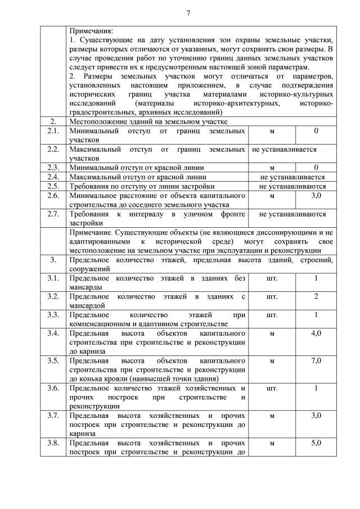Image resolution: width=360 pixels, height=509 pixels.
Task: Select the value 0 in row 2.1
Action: pos(316,131)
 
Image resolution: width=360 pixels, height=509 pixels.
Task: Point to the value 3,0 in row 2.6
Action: pos(316,195)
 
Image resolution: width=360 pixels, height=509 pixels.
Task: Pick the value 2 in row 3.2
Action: pos(316,296)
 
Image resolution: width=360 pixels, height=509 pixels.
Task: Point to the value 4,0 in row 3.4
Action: pos(316,333)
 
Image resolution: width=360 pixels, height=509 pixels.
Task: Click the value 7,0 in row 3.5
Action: pos(316,361)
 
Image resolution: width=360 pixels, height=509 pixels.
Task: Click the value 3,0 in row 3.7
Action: pos(316,416)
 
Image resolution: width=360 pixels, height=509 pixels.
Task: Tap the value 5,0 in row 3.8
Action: pos(316,443)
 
